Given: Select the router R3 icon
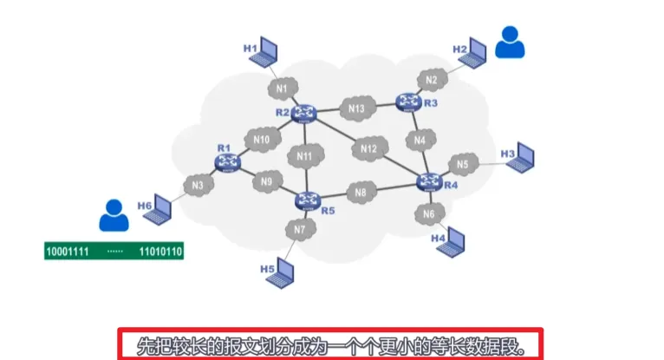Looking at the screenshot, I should point(407,102).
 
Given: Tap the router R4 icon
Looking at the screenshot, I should point(429,181).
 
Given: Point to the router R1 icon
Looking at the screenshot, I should point(226,162).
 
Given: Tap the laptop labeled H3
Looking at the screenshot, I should point(523,157).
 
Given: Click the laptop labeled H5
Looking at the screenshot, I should point(287,270).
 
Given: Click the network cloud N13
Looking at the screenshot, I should point(357,109).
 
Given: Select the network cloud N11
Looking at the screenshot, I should point(304,156).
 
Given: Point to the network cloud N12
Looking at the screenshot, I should point(369,149).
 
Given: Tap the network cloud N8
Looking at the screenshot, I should point(361,193).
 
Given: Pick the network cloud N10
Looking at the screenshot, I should point(262,139).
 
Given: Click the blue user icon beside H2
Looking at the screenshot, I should point(510,42).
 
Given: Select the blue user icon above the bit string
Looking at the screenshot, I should point(114,215).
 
